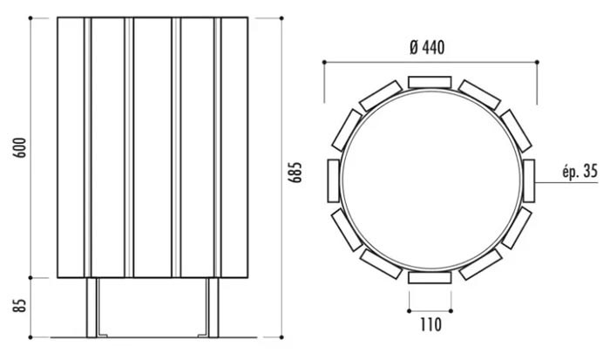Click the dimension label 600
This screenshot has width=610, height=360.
tap(20, 148)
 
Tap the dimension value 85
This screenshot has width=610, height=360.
tap(20, 305)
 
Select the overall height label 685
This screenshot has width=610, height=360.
tap(295, 172)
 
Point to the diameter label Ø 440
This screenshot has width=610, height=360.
tap(427, 47)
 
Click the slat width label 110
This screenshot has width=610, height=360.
tap(430, 324)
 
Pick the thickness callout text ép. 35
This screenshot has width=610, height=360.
tap(579, 172)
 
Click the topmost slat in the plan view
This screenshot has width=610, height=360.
tap(430, 82)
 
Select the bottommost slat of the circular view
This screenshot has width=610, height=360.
tap(430, 277)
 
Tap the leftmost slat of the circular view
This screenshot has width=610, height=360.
tap(334, 180)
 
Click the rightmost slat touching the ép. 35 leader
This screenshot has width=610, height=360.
tap(529, 180)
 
